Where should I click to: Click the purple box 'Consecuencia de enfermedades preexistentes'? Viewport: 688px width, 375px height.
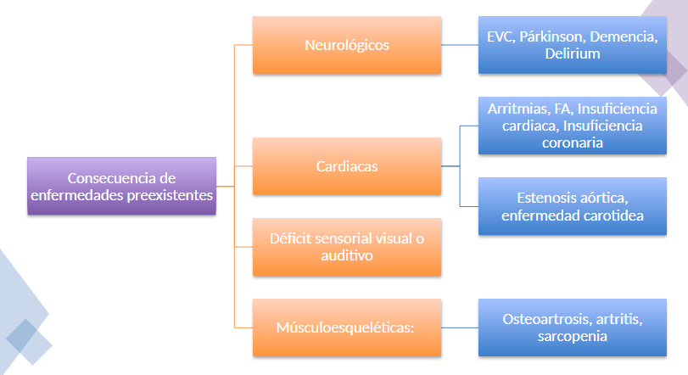click(121, 186)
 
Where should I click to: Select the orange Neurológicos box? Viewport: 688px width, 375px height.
click(347, 45)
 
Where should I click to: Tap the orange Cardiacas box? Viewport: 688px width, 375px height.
click(347, 166)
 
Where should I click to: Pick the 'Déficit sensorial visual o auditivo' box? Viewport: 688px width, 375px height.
click(347, 246)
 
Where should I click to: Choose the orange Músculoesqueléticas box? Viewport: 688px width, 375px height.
click(347, 327)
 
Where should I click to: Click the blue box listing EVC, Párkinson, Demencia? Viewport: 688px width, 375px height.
click(573, 45)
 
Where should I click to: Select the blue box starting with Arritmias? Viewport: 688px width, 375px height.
click(573, 126)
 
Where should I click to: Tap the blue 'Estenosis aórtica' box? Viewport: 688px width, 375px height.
click(573, 206)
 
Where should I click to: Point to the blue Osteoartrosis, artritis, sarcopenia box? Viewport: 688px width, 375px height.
click(573, 327)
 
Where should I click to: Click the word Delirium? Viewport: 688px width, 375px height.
click(573, 54)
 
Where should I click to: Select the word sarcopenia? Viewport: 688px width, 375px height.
click(572, 336)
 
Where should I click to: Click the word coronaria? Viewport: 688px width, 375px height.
click(573, 143)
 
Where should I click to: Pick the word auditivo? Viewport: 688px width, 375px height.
click(347, 255)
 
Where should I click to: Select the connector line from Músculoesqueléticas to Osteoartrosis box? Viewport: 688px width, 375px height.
click(460, 327)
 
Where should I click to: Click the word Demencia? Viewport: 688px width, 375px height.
click(624, 36)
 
